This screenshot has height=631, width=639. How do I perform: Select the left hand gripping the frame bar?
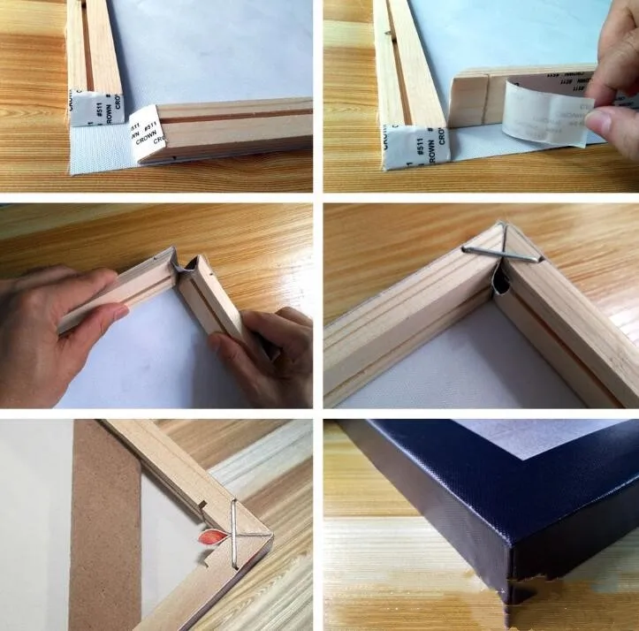[62, 305]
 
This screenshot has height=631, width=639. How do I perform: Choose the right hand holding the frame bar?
[265, 354]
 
